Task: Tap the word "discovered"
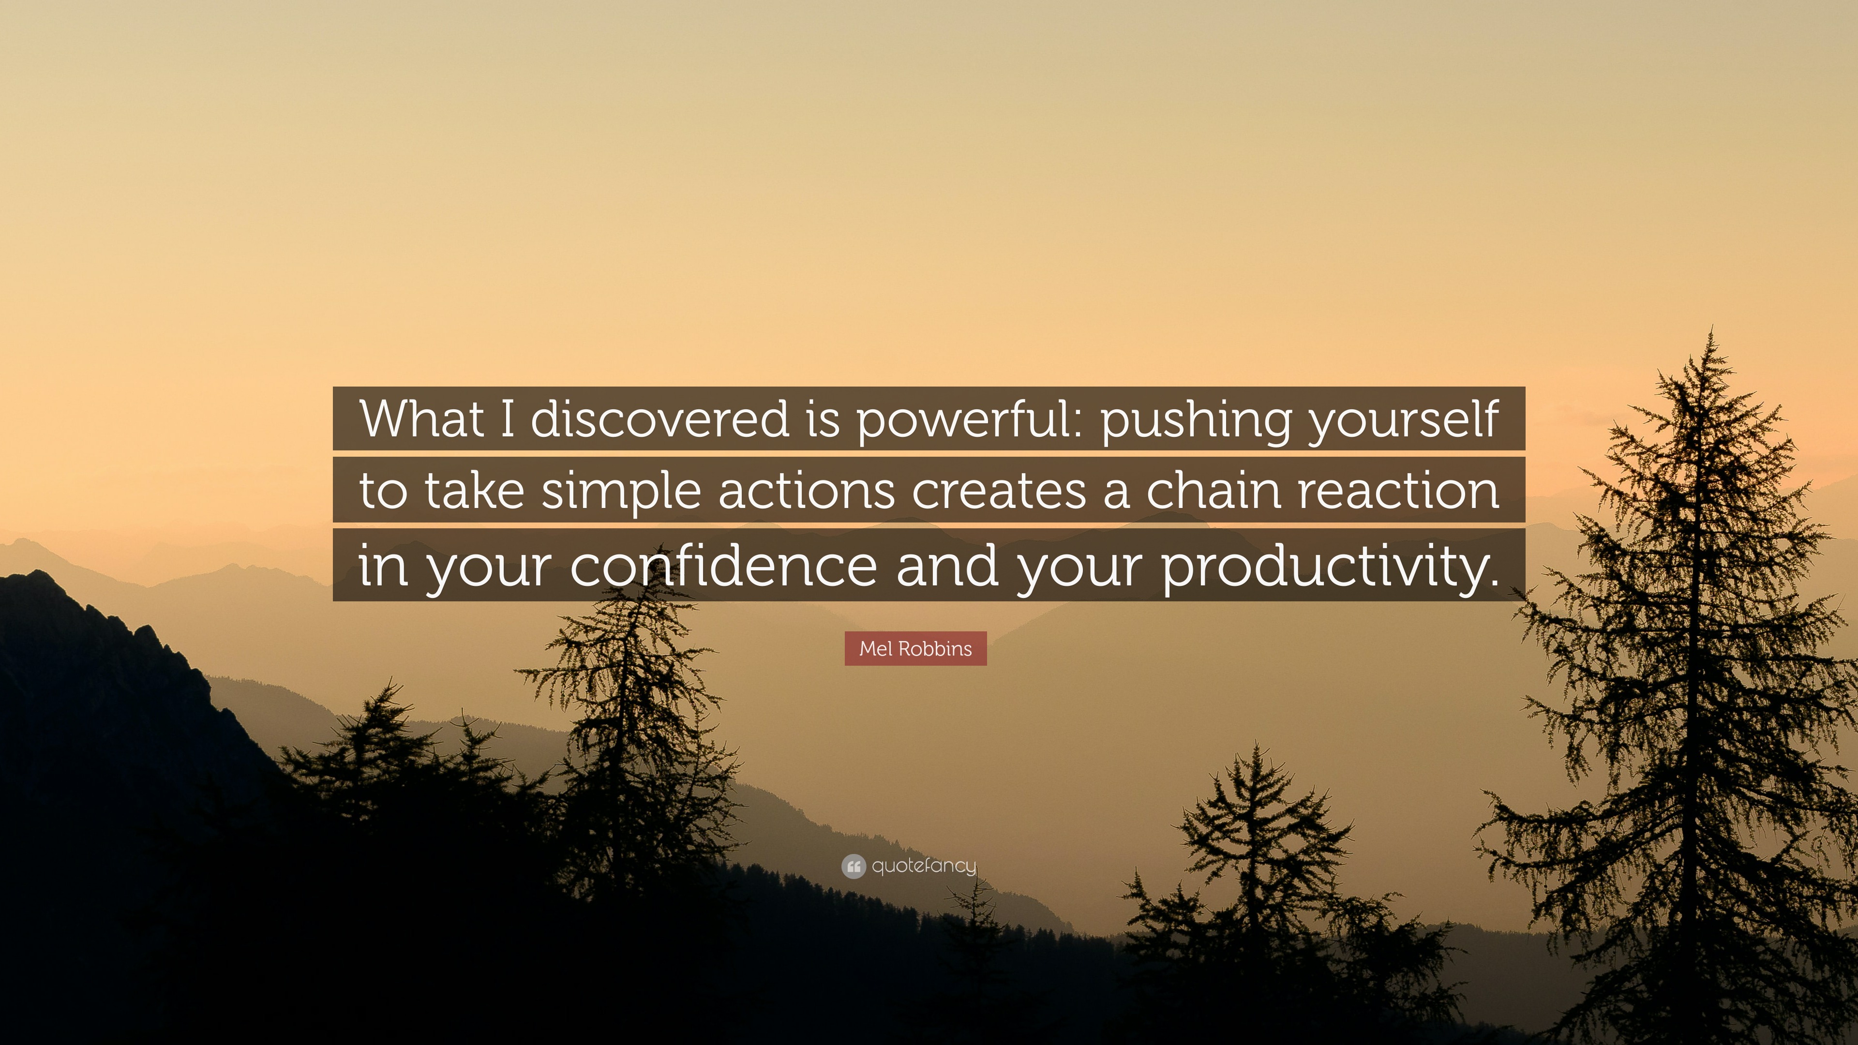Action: [660, 418]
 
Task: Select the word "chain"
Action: [1213, 491]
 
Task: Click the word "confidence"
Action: [723, 565]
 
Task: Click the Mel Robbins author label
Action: [915, 648]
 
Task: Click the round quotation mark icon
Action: [853, 866]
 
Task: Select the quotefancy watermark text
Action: [924, 866]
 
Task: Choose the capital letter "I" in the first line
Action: [508, 418]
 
